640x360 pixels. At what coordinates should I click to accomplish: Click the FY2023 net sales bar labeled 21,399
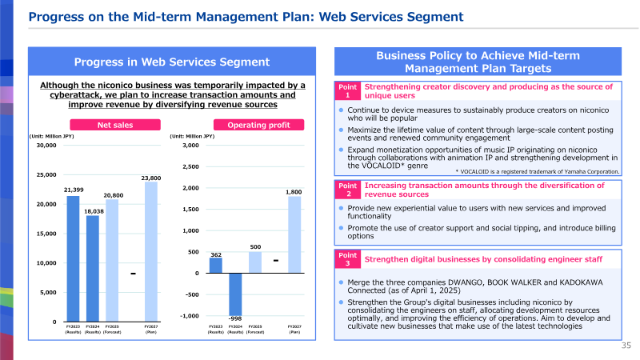point(73,258)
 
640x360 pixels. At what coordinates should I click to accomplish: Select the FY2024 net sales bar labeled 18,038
point(93,269)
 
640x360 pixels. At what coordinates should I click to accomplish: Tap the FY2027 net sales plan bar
point(151,251)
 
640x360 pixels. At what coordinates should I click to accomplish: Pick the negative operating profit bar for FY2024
point(235,294)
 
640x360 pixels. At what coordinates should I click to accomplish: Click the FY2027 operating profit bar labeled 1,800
point(294,234)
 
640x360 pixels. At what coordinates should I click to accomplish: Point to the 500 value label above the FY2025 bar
point(255,247)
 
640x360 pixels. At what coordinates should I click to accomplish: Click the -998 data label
point(235,318)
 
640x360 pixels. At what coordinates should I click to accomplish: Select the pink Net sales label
point(115,125)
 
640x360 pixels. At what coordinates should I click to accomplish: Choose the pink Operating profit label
point(258,125)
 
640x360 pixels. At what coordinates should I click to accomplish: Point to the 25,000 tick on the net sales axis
point(46,174)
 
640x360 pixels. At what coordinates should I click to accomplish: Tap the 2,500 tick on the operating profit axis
point(190,166)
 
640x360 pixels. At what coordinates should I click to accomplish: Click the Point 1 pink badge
point(348,91)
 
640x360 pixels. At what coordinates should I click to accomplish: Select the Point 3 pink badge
point(348,259)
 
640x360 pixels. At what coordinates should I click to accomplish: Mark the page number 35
point(626,346)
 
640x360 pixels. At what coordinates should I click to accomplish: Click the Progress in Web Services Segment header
point(172,62)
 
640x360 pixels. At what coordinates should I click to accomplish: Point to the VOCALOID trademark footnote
point(538,172)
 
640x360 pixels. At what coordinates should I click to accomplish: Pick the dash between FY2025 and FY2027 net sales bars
point(133,274)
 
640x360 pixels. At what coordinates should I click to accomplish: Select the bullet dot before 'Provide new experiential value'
point(342,208)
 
